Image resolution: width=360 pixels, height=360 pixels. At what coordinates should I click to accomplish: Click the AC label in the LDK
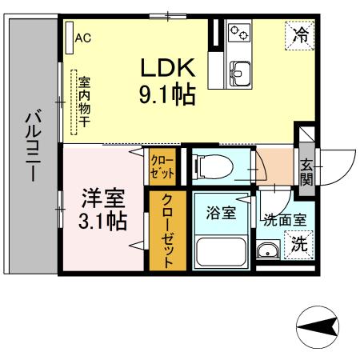[83, 38]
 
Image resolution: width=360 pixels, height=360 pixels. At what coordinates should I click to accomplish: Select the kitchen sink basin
[238, 75]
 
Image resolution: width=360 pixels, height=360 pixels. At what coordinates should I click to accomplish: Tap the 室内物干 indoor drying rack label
[82, 102]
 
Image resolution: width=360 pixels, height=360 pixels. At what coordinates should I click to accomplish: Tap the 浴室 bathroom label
[220, 214]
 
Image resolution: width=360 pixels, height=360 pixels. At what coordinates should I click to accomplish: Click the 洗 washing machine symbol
[298, 246]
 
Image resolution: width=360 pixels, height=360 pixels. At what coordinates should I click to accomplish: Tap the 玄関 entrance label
[306, 170]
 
